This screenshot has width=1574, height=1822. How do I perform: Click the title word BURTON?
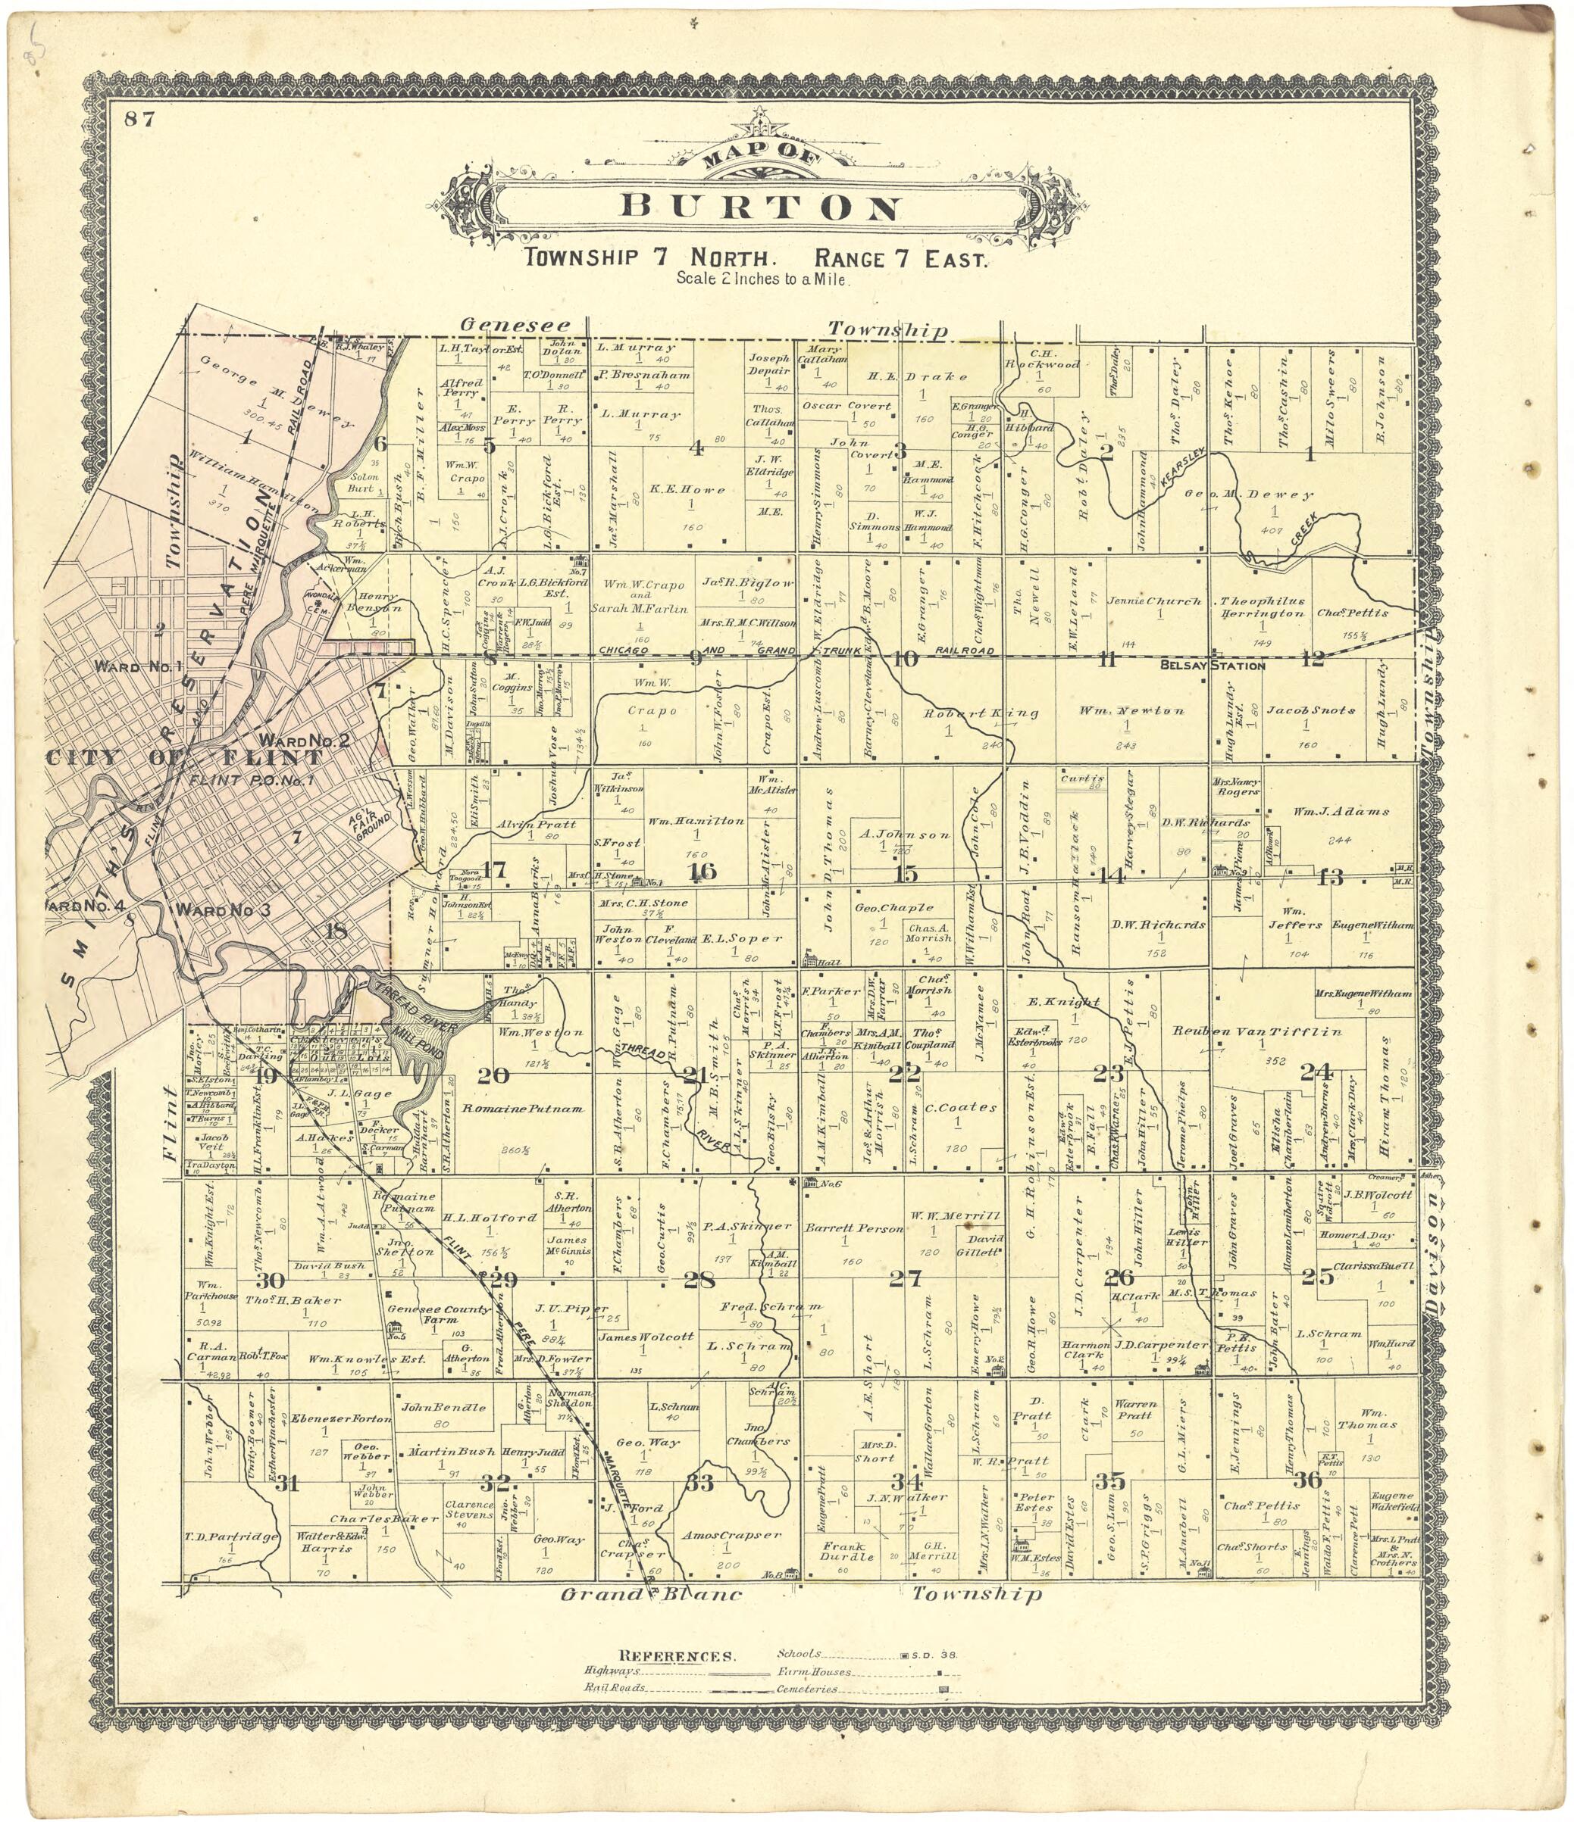tap(762, 207)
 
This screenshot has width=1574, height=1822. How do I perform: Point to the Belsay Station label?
tap(1213, 666)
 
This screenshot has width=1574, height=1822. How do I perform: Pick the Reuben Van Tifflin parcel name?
tap(1257, 1031)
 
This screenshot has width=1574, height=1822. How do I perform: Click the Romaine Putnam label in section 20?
tap(524, 1109)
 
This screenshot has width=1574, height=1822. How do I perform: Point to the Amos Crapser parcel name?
tap(731, 1535)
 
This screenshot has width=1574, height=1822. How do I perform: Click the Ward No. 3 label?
tap(224, 910)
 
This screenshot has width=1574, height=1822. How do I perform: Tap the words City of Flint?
tap(185, 758)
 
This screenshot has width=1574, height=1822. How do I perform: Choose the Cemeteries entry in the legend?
tap(805, 1690)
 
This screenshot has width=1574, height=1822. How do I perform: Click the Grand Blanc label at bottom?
tap(651, 1594)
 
